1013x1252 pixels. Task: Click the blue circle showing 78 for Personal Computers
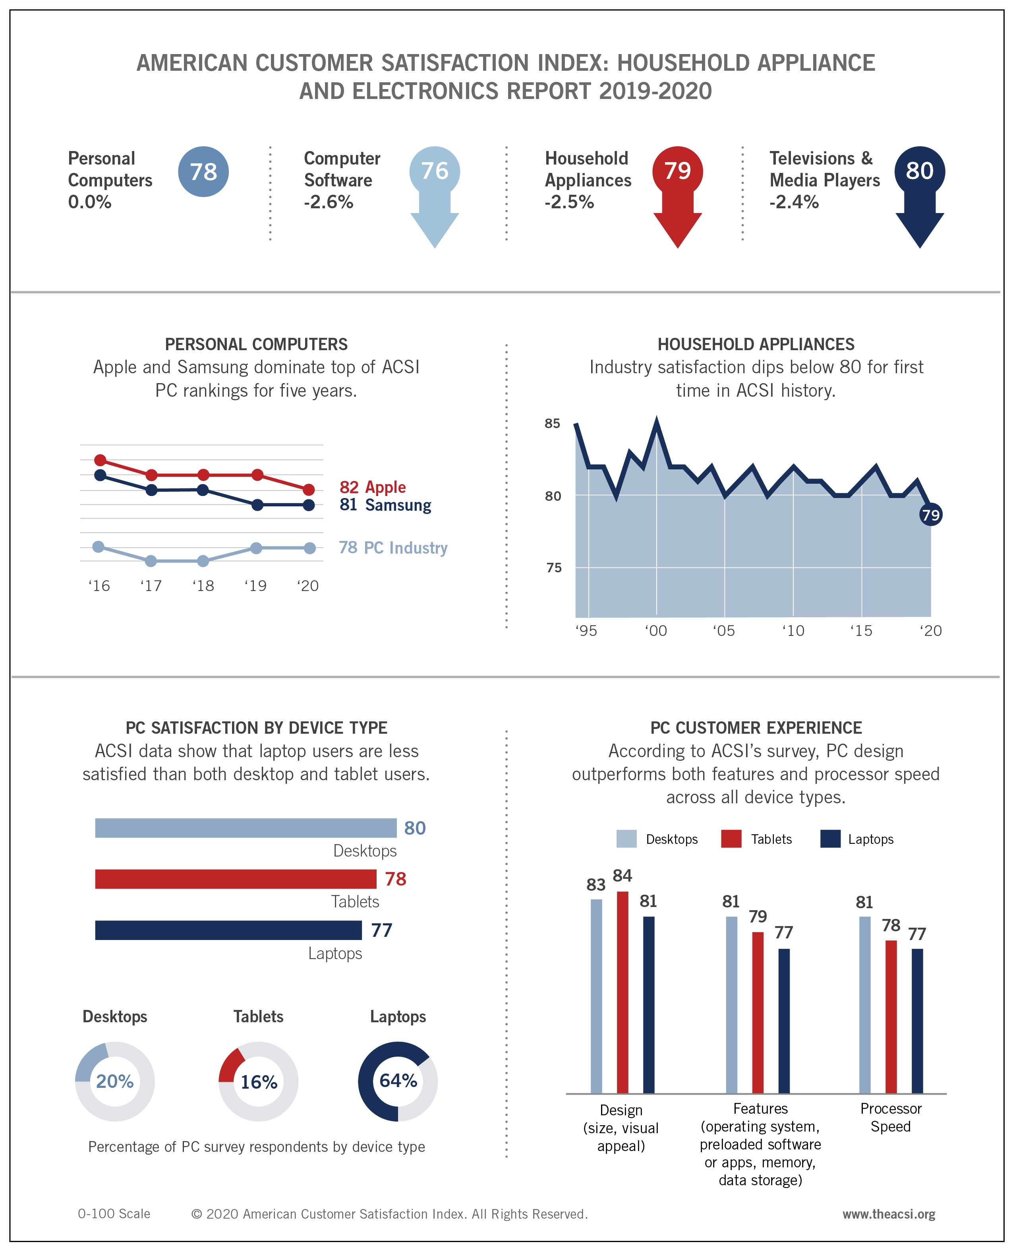point(203,172)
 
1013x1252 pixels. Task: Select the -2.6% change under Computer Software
point(329,202)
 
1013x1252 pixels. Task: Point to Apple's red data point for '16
point(101,460)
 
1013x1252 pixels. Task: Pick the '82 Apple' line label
point(372,487)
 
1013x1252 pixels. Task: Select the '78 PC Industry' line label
point(393,547)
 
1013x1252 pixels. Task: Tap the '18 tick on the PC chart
point(203,585)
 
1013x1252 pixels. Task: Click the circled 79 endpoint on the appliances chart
point(930,515)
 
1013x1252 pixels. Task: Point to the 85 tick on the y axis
point(552,423)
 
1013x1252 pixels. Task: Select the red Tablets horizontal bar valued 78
point(236,879)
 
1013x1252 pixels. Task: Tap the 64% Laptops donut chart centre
point(398,1081)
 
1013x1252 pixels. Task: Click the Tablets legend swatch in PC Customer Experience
point(731,839)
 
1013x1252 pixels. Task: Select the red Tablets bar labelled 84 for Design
point(622,992)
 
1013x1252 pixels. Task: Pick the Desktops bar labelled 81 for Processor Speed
point(865,1004)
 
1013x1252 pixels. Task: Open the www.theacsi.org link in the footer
point(888,1214)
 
